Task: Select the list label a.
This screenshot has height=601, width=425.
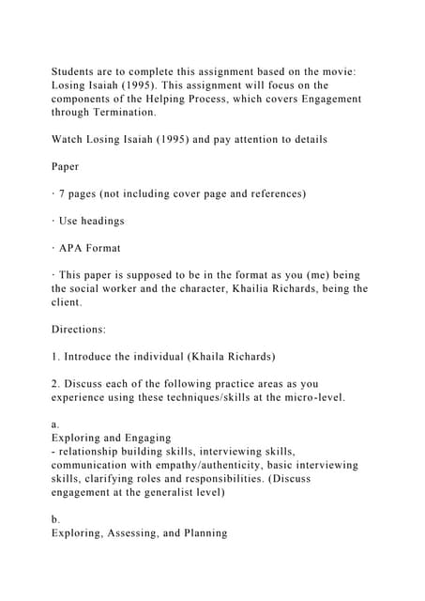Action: pos(55,424)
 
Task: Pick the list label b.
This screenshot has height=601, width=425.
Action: pos(55,519)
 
